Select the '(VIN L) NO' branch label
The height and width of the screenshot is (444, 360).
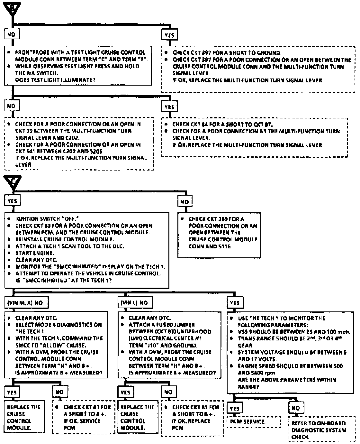135,303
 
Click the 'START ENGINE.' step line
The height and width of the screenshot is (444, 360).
35,253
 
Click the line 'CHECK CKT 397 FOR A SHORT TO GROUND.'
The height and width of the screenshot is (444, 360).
227,53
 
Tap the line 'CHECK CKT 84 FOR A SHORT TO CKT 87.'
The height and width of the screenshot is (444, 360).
222,124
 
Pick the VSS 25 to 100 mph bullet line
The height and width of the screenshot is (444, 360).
294,332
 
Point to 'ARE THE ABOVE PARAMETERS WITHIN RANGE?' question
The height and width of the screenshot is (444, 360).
287,383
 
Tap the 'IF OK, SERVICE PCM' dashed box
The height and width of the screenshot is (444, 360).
84,417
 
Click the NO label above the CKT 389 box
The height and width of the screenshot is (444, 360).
184,202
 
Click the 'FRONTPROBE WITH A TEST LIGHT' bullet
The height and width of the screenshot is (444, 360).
80,52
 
